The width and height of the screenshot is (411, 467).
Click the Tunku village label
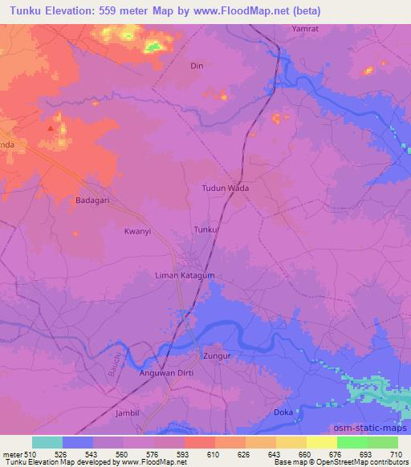coord(205,230)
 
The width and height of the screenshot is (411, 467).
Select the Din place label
coord(196,67)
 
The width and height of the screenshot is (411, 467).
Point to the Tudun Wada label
coord(225,189)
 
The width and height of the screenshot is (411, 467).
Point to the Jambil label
coord(128,412)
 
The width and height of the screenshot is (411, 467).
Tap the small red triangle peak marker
coord(52,126)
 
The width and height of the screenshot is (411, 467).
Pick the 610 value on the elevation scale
coord(214,454)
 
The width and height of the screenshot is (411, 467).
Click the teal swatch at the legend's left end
coord(47,442)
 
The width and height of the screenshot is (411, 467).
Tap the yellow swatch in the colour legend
coord(322,442)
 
